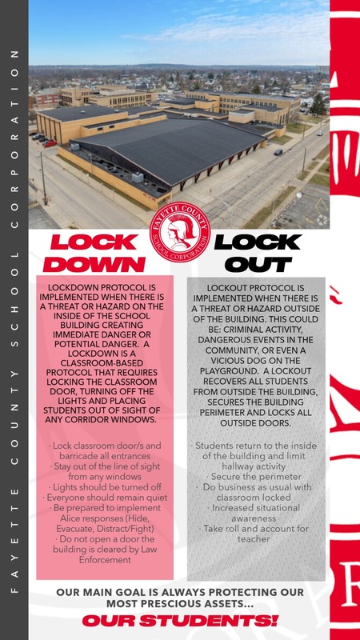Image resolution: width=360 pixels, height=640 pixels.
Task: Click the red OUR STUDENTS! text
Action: (x=180, y=620)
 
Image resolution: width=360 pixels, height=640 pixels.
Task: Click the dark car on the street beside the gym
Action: (x=278, y=152)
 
